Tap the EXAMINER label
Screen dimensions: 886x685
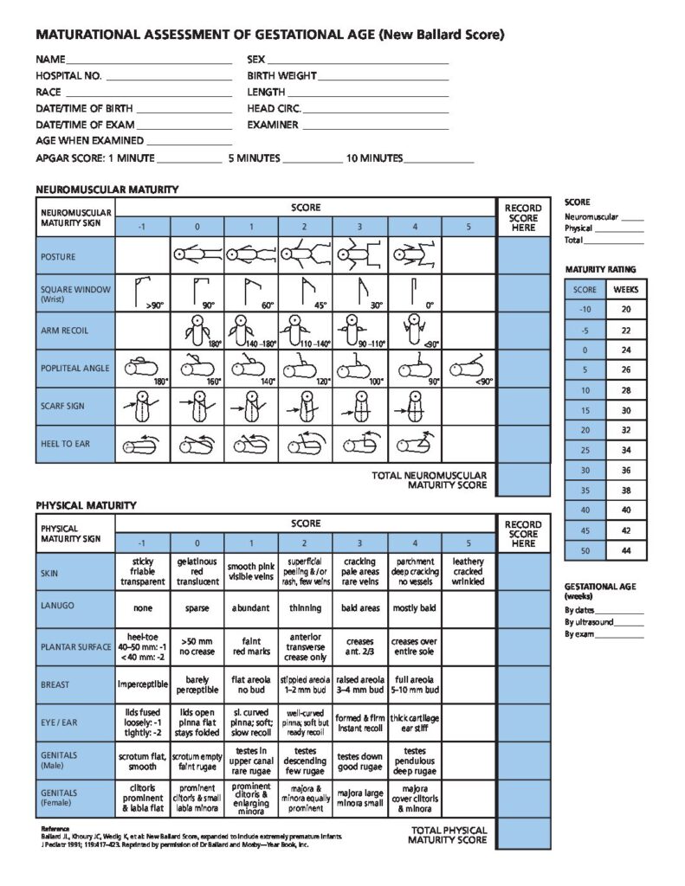coord(273,125)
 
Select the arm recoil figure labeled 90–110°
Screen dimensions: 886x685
coord(359,331)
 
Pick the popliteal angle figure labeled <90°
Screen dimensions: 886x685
coord(468,369)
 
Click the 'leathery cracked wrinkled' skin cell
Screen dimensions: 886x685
coord(468,573)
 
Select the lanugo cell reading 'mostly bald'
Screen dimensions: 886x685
coord(414,608)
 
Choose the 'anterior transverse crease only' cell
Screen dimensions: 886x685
coord(306,646)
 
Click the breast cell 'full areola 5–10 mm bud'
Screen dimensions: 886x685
coord(414,684)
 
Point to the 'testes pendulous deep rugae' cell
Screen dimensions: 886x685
coord(414,760)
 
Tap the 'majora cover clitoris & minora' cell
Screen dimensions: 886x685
coord(414,798)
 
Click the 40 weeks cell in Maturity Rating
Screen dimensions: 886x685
coord(625,510)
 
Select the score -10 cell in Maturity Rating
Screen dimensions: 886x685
coord(585,309)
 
